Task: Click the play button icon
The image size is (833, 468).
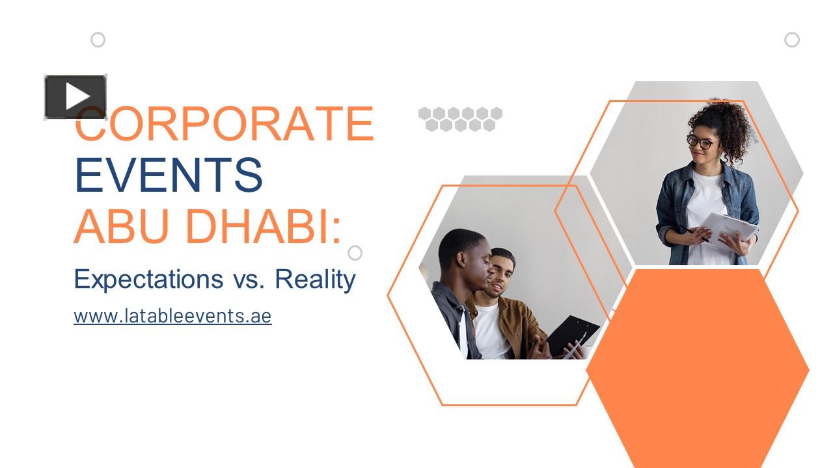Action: coord(75,97)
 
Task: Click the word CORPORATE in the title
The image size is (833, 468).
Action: coord(225,123)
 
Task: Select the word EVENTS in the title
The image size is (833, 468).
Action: coord(169,175)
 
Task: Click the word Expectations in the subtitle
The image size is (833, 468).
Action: coord(148,279)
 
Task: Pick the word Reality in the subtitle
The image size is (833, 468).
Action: coord(315,279)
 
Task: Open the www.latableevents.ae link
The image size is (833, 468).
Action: coord(172,317)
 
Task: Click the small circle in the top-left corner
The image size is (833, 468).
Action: coord(98,40)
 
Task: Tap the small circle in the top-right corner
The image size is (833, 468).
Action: coord(791,40)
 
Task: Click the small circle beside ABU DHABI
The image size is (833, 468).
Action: coord(355,252)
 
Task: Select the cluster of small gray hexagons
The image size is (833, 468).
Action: coord(460,119)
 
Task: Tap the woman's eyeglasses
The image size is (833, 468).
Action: coord(700,141)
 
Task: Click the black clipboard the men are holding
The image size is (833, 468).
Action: coord(572,334)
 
